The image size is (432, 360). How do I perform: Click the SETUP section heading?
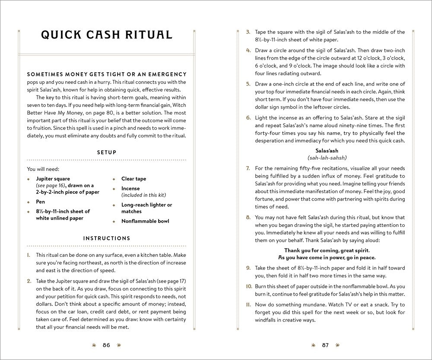tap(106, 153)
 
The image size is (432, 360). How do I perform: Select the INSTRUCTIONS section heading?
tap(106, 238)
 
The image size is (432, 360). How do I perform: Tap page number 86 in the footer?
tap(106, 345)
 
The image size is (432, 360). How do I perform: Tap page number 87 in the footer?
tap(325, 345)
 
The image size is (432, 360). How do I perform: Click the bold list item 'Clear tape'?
tap(133, 179)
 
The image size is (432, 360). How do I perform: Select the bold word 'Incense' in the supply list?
tap(130, 189)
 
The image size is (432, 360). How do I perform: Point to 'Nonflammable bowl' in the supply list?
tap(145, 221)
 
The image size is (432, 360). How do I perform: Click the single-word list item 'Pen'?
tap(40, 202)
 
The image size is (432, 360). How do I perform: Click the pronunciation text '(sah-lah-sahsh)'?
tap(327, 158)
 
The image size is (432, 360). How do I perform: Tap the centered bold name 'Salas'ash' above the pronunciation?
tap(327, 150)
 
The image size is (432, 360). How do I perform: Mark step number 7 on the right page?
tap(248, 168)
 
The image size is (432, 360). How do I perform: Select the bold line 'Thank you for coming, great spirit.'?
tap(327, 250)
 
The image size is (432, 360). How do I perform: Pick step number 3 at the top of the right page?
tap(248, 32)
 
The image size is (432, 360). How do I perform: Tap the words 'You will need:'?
tap(43, 169)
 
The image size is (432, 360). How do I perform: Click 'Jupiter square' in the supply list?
tap(53, 179)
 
